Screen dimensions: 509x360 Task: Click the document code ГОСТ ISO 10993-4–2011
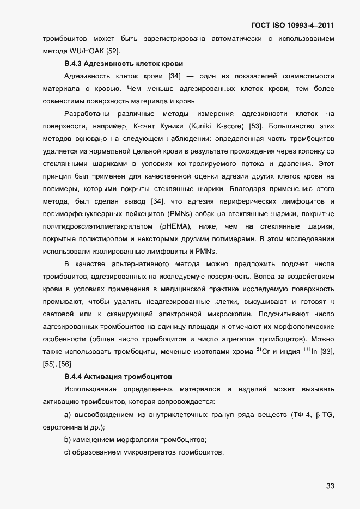(x=292, y=26)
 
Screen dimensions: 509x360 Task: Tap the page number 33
(x=330, y=486)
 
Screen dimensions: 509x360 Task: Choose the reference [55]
(x=50, y=364)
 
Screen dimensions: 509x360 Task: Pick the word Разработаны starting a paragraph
(x=87, y=114)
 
